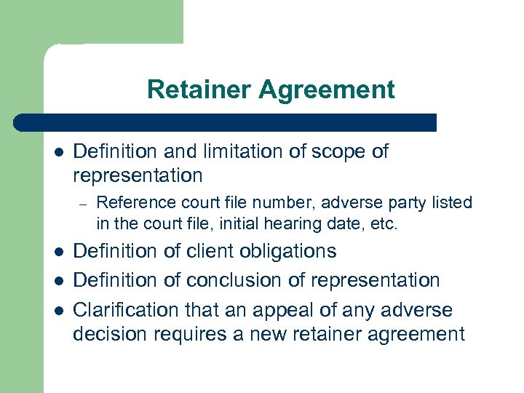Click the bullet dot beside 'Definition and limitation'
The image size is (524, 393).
[x=59, y=152]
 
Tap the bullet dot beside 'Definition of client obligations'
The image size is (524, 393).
[x=59, y=252]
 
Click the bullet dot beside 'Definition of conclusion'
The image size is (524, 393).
[x=59, y=281]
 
